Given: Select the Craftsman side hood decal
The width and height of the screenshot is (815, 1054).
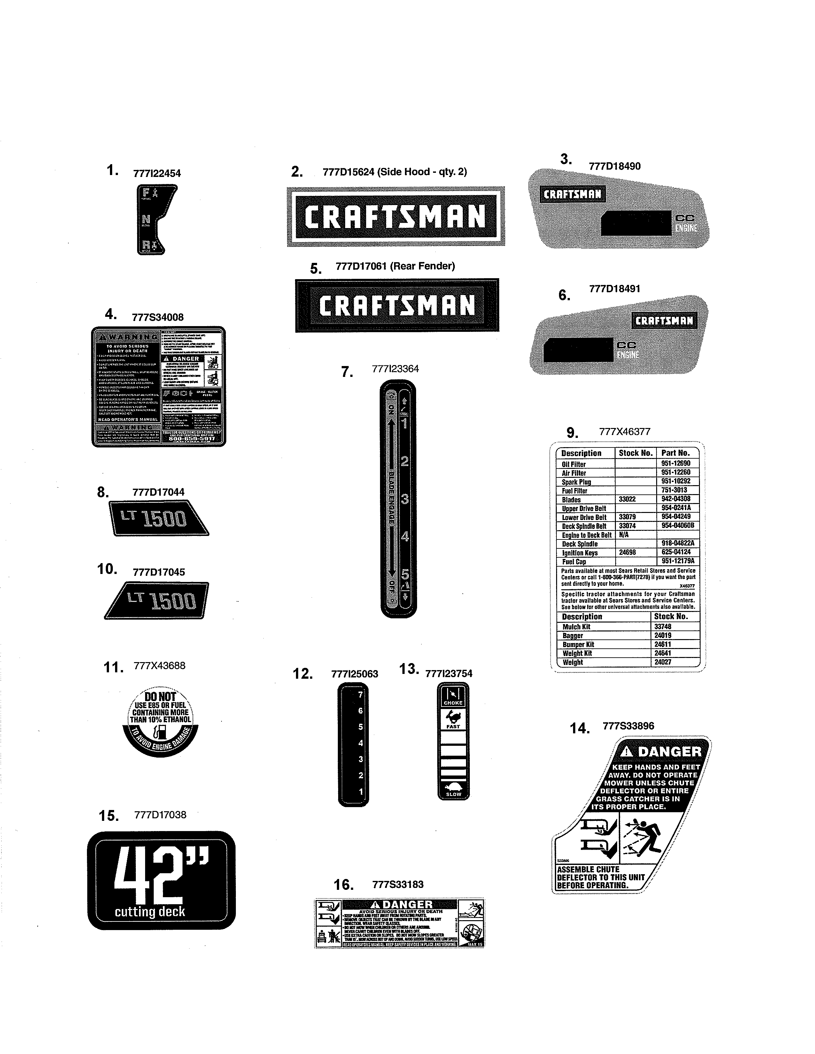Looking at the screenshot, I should tap(395, 216).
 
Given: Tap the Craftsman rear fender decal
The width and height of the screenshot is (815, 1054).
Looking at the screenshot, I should tap(397, 305).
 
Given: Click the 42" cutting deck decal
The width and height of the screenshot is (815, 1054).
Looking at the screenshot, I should tap(161, 880).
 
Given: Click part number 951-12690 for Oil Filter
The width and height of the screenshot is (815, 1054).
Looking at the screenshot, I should tap(675, 463).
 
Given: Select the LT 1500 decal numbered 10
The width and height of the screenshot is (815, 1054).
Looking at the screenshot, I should tap(157, 600).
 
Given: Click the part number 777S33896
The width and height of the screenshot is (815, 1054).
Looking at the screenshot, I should tap(628, 726).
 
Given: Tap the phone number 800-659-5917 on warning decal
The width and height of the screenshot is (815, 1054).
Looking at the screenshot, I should tap(192, 439).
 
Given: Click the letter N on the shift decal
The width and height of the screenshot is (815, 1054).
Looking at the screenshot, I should tap(146, 220).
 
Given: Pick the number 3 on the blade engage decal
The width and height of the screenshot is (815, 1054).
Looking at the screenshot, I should tap(405, 499).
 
